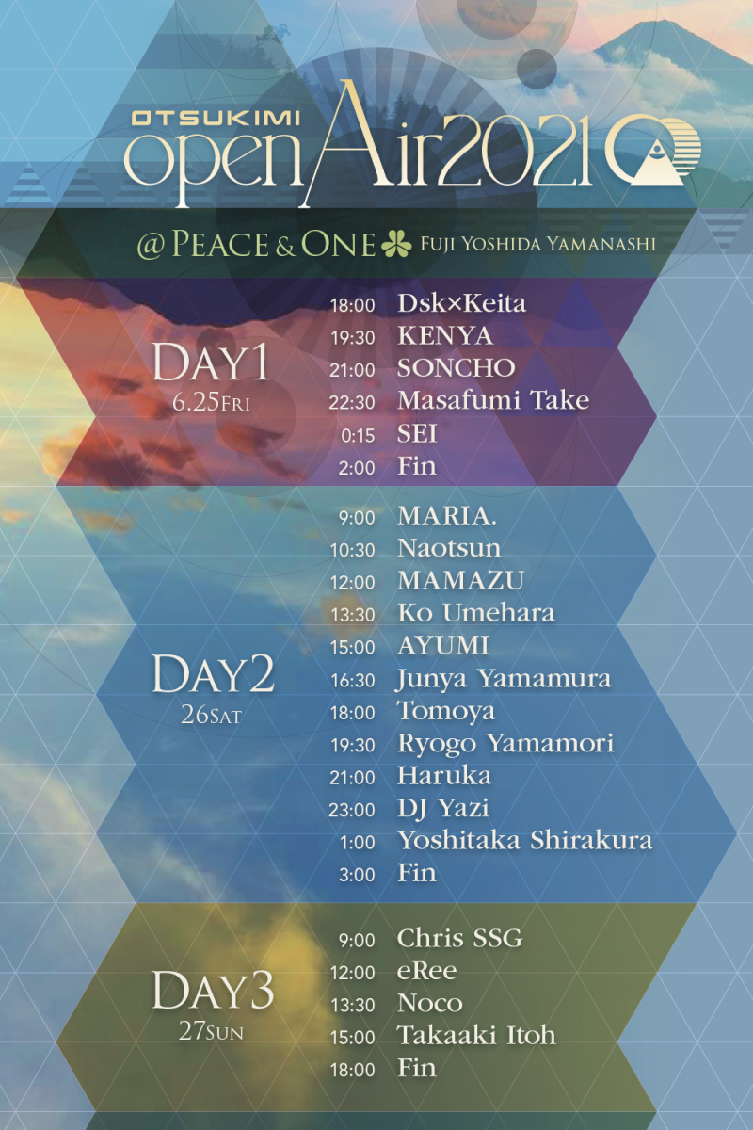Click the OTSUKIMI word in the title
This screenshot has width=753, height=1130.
click(216, 119)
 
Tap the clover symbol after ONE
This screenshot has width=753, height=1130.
click(396, 244)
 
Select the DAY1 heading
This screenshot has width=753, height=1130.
click(211, 363)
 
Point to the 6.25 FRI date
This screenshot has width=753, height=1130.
click(211, 403)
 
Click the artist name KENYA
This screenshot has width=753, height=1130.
click(445, 336)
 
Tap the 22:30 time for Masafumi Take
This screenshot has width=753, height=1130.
click(352, 403)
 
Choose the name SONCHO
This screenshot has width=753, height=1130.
click(456, 368)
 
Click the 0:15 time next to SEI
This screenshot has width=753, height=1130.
click(358, 435)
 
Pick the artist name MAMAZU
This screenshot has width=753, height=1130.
click(460, 581)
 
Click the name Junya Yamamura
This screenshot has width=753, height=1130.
click(504, 679)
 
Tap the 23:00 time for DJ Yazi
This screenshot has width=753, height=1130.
click(352, 810)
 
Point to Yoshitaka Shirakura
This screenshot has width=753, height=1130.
click(525, 840)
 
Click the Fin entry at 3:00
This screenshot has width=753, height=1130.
click(417, 873)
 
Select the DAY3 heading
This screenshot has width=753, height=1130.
click(213, 990)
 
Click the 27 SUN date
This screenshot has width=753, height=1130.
click(211, 1032)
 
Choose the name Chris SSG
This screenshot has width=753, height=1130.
click(459, 938)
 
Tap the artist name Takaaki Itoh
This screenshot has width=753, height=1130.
click(476, 1036)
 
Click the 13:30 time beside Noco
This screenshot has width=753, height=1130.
click(353, 1006)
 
